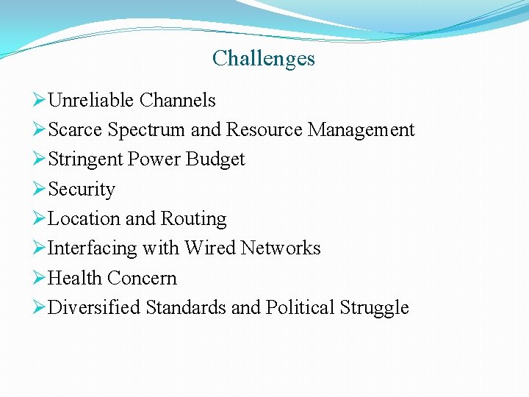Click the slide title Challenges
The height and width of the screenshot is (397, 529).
pos(264,58)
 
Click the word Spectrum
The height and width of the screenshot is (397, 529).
pos(146,130)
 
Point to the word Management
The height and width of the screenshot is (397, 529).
pos(361,130)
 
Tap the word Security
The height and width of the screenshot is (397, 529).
pos(82,190)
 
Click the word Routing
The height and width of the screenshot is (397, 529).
pos(193,219)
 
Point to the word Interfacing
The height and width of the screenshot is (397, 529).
pos(93,248)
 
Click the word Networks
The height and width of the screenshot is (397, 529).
pos(281,248)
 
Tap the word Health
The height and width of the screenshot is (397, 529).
pos(75,279)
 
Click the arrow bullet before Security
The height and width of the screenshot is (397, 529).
pos(40,189)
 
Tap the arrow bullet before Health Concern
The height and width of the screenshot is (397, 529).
pos(40,278)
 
